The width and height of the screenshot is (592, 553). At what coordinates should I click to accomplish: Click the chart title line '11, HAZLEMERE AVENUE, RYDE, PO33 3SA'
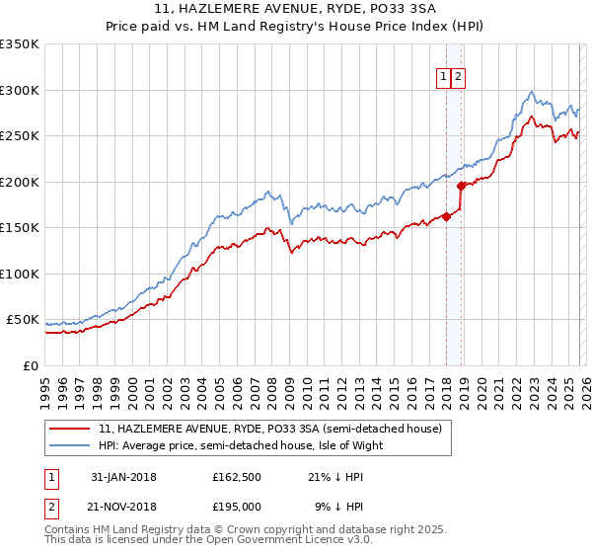pyautogui.click(x=296, y=9)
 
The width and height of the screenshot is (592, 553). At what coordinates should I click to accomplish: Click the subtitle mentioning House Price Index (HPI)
pyautogui.click(x=296, y=27)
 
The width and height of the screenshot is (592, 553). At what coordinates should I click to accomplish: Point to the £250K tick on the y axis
pyautogui.click(x=20, y=136)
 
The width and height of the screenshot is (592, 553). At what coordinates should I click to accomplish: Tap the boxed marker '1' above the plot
pyautogui.click(x=444, y=76)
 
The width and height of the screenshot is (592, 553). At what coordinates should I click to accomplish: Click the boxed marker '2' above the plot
pyautogui.click(x=460, y=76)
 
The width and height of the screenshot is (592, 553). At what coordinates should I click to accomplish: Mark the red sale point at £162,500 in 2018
pyautogui.click(x=446, y=217)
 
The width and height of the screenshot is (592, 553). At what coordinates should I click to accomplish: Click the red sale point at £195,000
pyautogui.click(x=461, y=186)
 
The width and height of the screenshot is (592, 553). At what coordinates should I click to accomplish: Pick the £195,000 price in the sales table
pyautogui.click(x=237, y=506)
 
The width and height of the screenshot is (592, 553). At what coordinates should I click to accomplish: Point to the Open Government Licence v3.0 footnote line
pyautogui.click(x=208, y=542)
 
